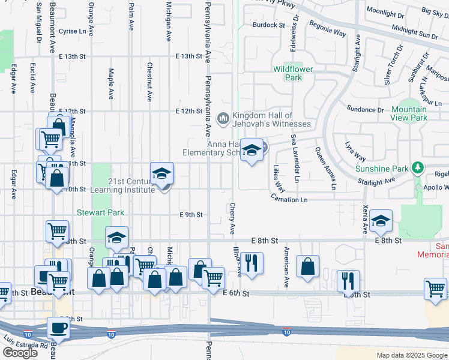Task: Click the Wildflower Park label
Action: (293, 73)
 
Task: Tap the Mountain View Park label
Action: (409, 113)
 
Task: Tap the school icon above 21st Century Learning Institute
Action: (161, 175)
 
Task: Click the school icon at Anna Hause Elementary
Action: (252, 150)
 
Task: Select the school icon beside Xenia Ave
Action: (381, 221)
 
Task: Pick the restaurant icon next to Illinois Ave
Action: (251, 263)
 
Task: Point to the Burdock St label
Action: (268, 25)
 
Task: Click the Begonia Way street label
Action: (327, 29)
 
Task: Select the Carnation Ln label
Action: (289, 199)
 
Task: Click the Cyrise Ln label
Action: (73, 31)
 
